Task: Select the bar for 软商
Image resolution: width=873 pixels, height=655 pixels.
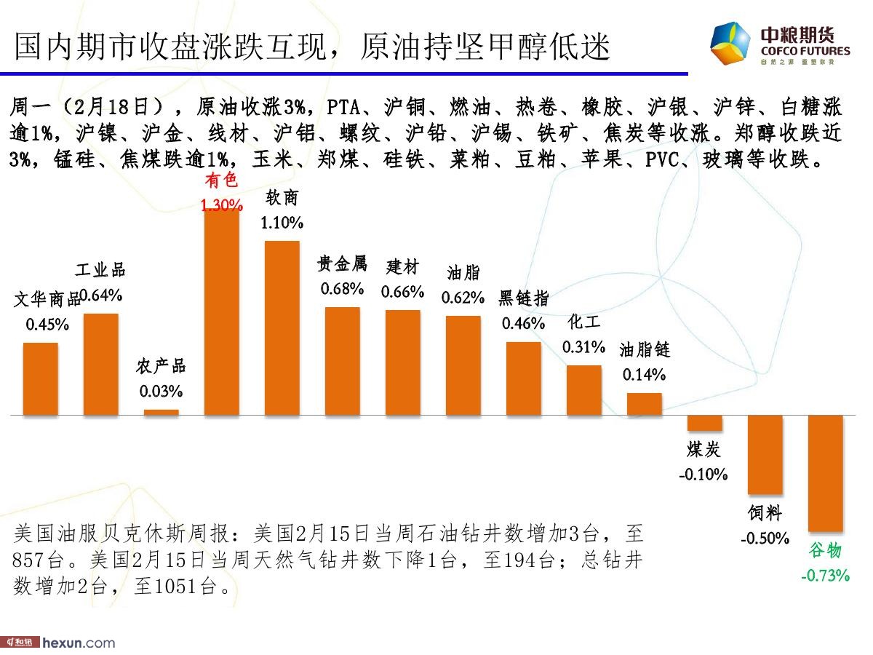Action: click(282, 327)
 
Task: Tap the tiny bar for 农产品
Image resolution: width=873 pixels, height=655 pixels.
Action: click(161, 412)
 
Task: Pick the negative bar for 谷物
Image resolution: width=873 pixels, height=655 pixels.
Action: click(826, 473)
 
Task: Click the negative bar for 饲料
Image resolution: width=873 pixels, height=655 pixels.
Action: click(765, 455)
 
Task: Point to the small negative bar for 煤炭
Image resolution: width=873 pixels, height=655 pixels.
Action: click(705, 423)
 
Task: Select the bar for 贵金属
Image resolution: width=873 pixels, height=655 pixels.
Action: click(342, 361)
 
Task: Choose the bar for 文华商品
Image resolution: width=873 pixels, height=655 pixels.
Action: click(41, 378)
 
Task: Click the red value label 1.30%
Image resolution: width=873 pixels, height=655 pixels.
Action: click(222, 206)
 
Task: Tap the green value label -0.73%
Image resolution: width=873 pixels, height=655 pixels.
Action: click(825, 576)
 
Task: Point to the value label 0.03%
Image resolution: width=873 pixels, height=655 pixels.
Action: click(161, 392)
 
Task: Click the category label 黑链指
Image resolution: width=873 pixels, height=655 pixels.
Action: click(524, 298)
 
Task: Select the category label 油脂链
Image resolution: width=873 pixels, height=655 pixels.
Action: click(645, 350)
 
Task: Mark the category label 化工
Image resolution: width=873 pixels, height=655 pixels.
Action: click(583, 322)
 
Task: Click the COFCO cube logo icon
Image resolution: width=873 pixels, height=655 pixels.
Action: click(730, 44)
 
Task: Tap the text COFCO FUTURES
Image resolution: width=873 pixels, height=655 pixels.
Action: click(805, 51)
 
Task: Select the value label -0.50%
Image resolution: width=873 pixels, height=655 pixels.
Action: click(765, 539)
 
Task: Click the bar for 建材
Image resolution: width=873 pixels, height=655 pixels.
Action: click(403, 362)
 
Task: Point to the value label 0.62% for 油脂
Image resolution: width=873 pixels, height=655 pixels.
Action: click(463, 297)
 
